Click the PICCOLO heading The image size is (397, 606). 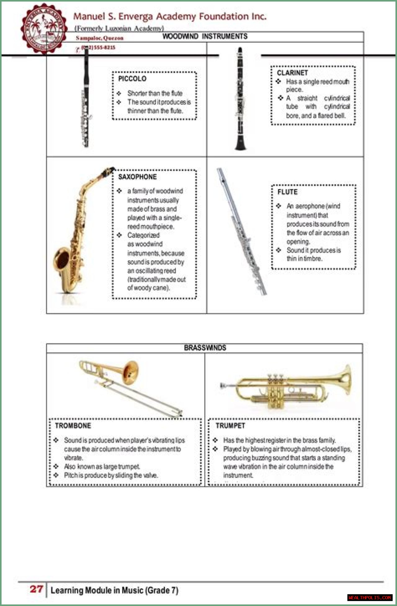pos(132,79)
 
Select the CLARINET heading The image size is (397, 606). pos(292,73)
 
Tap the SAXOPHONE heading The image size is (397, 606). pos(137,177)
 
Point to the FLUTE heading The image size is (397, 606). pos(287,192)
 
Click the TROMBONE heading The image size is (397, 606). pos(73,426)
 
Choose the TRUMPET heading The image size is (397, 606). pos(230,426)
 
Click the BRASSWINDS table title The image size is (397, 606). pos(205,348)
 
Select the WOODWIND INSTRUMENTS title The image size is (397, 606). pos(205,37)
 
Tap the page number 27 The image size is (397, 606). pos(36,589)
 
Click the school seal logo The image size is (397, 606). pos(44,29)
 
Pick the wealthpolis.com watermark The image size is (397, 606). pos(369,597)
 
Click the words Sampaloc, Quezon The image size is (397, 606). pos(100,38)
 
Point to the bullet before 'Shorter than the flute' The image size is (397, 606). pos(119,93)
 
